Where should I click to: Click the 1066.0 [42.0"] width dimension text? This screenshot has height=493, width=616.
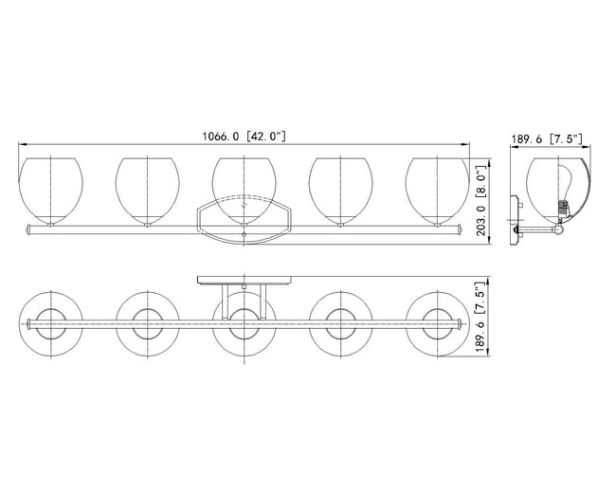point(244,137)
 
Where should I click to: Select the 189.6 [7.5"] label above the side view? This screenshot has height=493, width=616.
point(547,138)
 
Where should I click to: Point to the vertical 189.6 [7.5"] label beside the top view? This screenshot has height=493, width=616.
point(481,317)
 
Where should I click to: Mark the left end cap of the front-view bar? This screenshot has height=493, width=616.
point(27,229)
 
